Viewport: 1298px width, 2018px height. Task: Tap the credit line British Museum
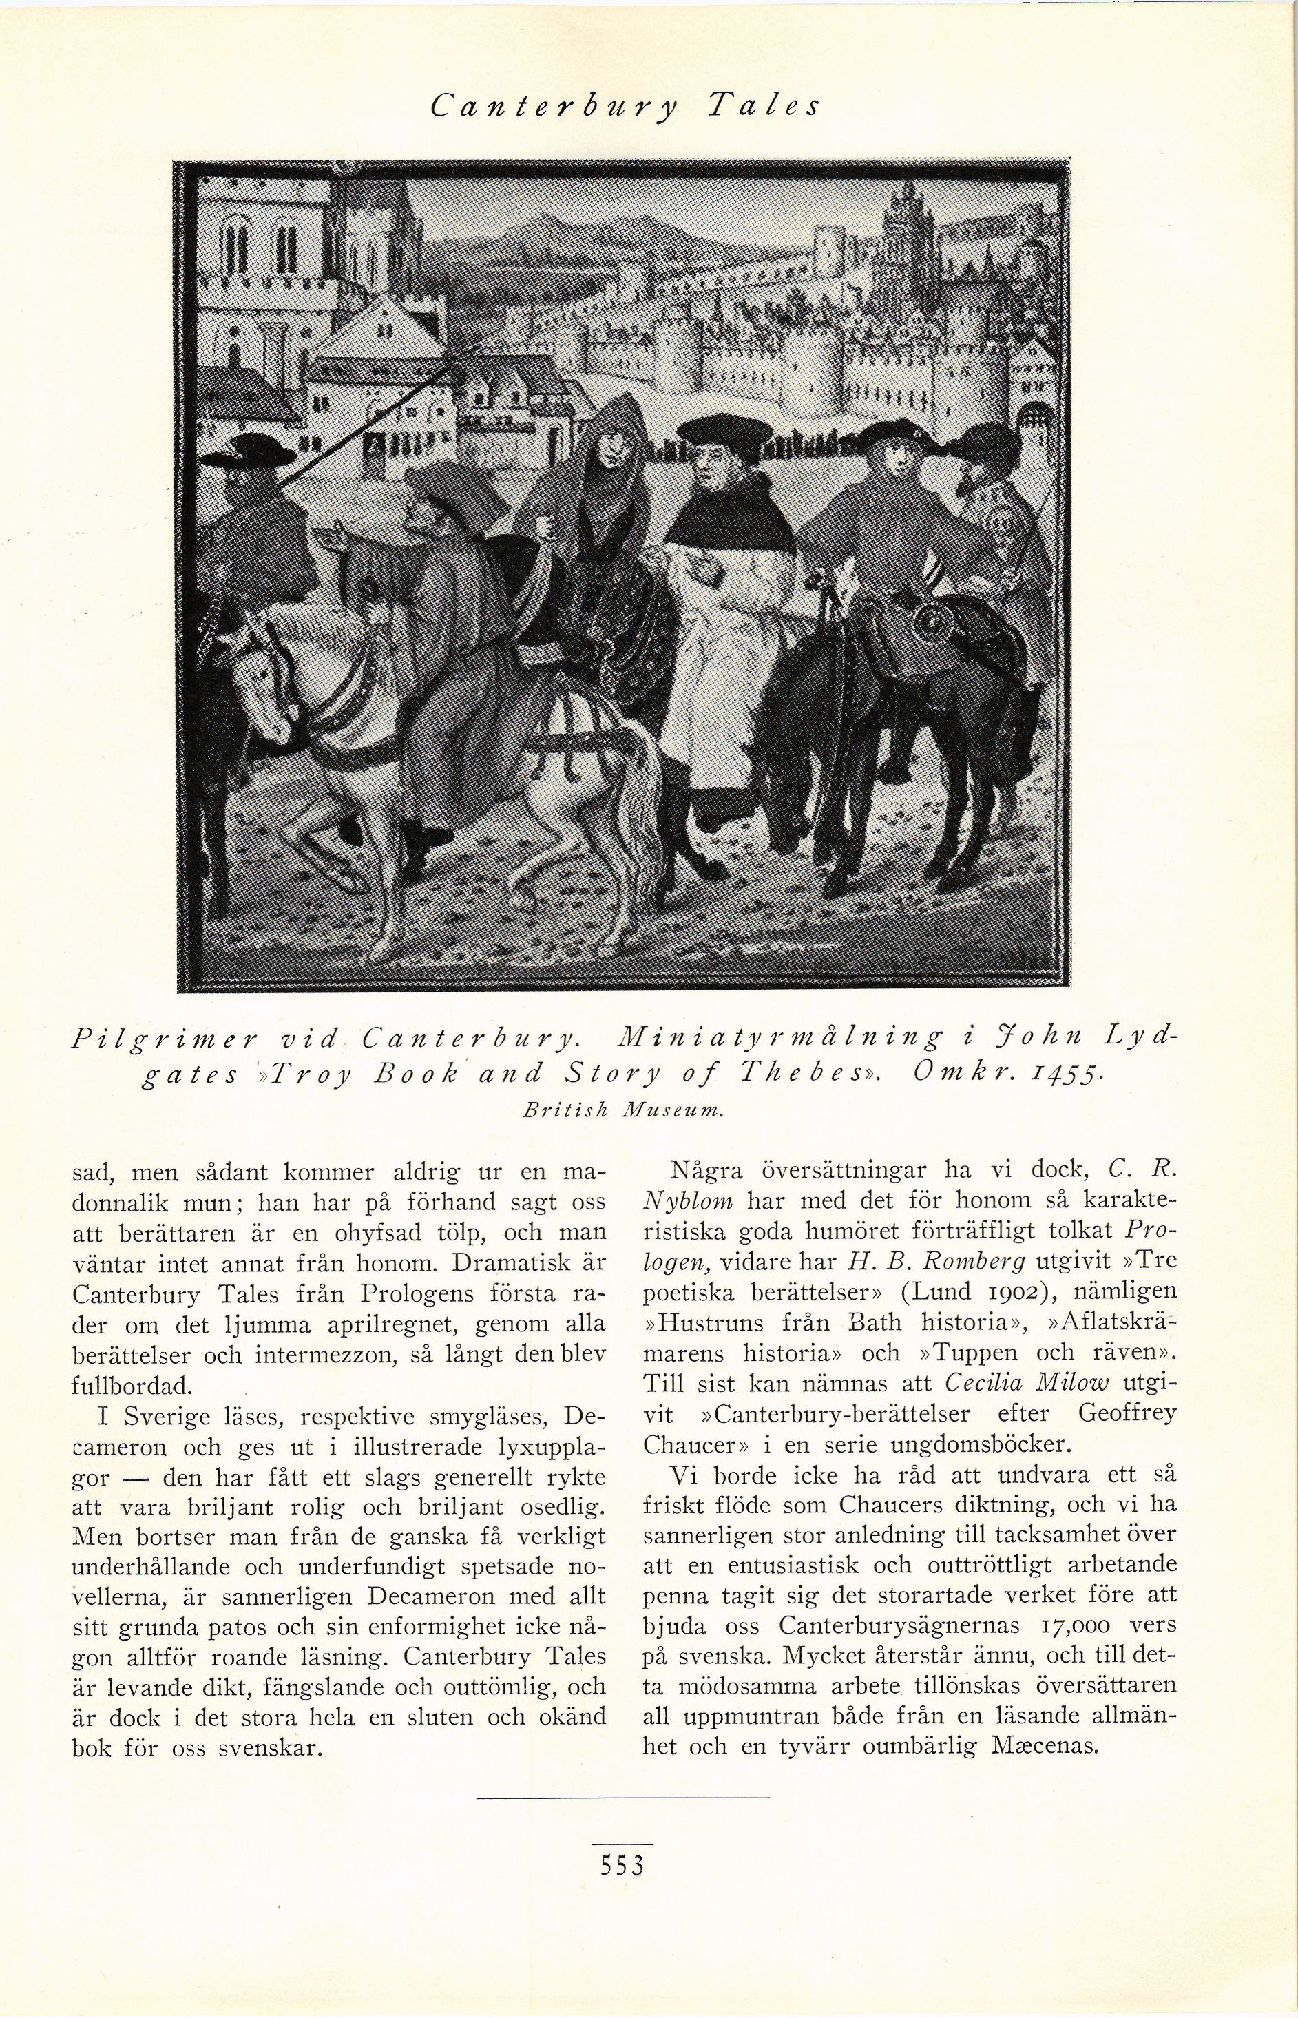point(623,1112)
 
